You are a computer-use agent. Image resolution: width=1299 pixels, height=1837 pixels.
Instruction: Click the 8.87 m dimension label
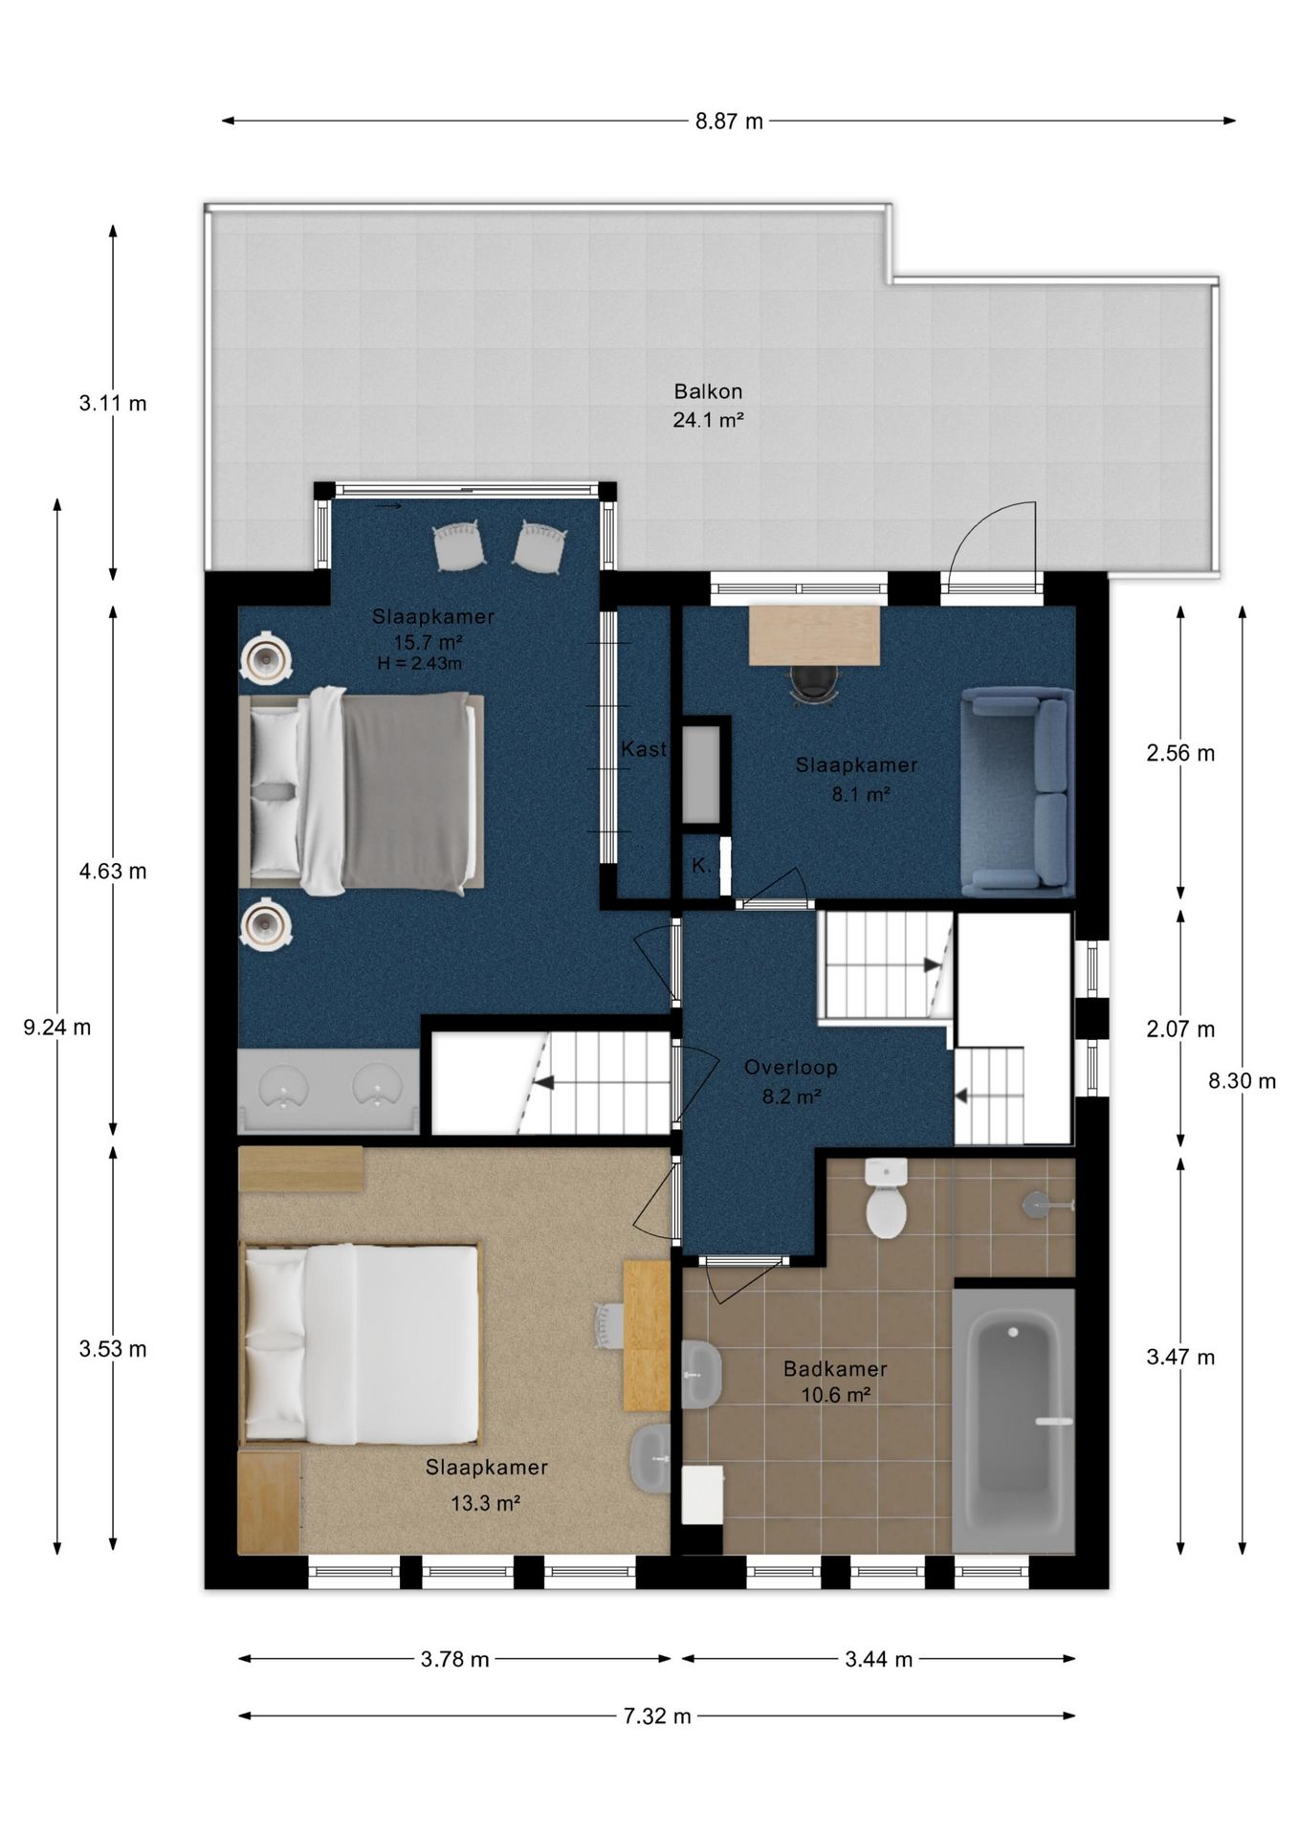coord(729,121)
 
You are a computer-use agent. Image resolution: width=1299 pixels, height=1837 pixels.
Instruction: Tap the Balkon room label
coord(708,391)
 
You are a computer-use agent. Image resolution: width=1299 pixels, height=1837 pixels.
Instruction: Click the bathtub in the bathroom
coord(1014,1420)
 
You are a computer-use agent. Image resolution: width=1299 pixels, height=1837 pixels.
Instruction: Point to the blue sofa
coord(1017,791)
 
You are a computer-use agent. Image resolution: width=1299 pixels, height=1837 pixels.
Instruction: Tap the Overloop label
coord(791,1067)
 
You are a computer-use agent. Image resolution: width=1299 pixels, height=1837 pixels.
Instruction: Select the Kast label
coord(644,749)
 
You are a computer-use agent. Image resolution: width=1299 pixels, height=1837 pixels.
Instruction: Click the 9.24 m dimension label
coord(57,1028)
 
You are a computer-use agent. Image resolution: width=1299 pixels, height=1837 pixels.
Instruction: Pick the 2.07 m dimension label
coord(1180,1029)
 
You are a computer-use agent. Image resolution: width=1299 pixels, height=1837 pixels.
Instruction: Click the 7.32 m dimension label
coord(657,1715)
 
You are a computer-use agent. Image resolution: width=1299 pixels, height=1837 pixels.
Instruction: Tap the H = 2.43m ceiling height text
coord(420,663)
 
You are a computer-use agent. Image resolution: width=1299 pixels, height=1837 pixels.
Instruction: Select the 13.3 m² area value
coord(485,1503)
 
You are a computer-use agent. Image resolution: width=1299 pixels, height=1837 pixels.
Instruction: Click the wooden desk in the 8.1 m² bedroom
coord(814,634)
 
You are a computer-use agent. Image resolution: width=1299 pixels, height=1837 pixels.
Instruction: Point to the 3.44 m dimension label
coord(878,1659)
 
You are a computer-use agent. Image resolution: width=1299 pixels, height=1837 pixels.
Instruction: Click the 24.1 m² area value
coord(708,419)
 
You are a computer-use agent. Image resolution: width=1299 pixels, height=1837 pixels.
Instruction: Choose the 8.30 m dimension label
coord(1242,1081)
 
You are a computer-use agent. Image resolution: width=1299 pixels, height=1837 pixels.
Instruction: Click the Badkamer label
coord(835,1369)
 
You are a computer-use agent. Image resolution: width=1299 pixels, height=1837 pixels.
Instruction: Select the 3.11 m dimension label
coord(113,403)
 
